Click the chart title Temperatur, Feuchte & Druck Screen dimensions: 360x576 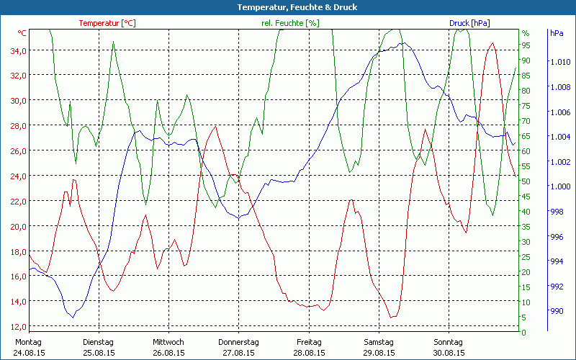tap(288, 7)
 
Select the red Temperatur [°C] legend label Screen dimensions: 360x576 tap(107, 23)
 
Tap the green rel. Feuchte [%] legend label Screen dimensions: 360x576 tap(289, 23)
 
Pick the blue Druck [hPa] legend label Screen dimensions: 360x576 tap(469, 23)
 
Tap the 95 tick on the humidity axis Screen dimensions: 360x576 tap(526, 45)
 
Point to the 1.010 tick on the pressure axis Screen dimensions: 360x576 tap(559, 63)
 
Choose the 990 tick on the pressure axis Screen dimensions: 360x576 tap(557, 311)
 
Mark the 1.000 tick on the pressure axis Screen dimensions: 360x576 tap(559, 186)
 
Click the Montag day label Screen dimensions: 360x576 tap(28, 342)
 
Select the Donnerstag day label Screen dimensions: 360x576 tap(238, 342)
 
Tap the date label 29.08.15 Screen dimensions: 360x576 tap(379, 353)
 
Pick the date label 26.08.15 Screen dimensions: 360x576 tap(168, 353)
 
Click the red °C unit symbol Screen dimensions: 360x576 tap(22, 33)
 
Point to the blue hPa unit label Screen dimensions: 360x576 tap(557, 33)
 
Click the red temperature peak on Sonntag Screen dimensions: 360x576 tap(492, 43)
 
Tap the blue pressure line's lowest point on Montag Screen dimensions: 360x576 tap(71, 317)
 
